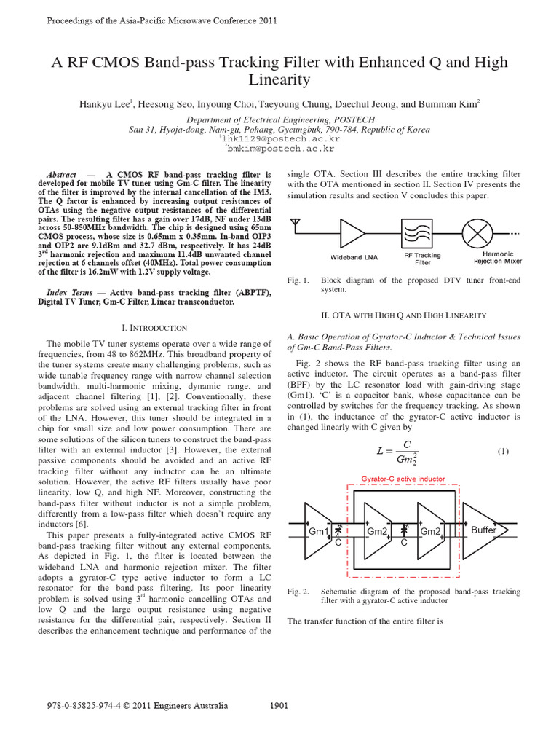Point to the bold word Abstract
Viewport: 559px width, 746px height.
pyautogui.click(x=61, y=176)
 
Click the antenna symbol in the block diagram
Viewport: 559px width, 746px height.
pyautogui.click(x=296, y=222)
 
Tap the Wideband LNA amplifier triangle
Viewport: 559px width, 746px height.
pyautogui.click(x=352, y=235)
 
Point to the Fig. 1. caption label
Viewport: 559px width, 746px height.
pyautogui.click(x=298, y=280)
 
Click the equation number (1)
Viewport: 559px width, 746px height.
pyautogui.click(x=503, y=452)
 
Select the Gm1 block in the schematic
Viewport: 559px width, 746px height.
pyautogui.click(x=318, y=531)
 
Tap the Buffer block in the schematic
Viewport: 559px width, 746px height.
pyautogui.click(x=483, y=530)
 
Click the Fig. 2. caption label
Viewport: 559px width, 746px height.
pyautogui.click(x=298, y=592)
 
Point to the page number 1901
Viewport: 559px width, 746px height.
pyautogui.click(x=280, y=705)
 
